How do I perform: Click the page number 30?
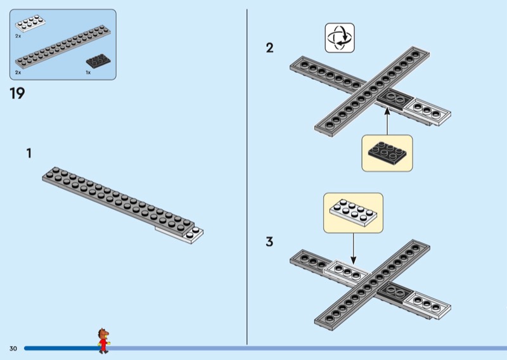point(13,349)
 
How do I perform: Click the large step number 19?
point(17,94)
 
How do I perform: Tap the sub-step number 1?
point(29,153)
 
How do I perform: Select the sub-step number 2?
point(270,48)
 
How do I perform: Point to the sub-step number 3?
point(270,241)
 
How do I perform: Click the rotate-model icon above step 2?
point(340,37)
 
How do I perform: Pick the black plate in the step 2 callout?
point(387,151)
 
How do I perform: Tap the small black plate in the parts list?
point(98,61)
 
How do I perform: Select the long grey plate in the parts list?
point(63,48)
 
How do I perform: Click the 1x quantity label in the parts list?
point(88,73)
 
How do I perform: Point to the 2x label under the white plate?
point(18,37)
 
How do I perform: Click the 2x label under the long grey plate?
point(18,73)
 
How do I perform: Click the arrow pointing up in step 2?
point(387,120)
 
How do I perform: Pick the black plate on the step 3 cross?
point(397,292)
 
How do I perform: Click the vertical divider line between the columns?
point(247,177)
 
